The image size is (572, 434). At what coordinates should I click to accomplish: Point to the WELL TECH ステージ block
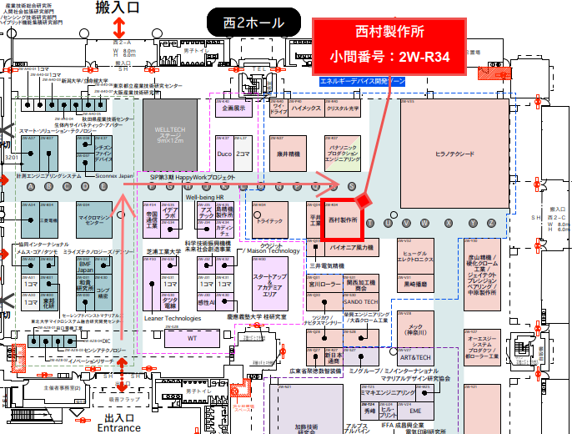[174, 134]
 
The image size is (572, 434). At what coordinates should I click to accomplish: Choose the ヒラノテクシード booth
[454, 155]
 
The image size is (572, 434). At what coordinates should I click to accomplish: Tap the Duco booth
[223, 155]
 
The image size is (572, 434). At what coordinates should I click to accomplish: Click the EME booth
[415, 411]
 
